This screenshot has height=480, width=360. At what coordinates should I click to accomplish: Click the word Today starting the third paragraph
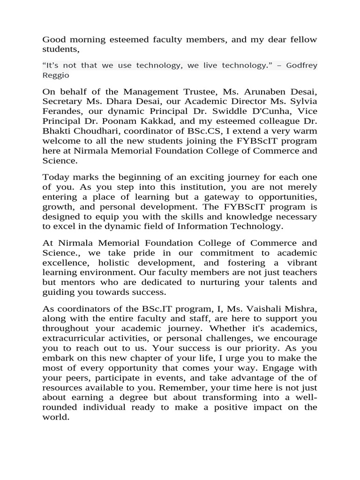pyautogui.click(x=56, y=177)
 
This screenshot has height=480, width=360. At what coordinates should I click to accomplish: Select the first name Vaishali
pyautogui.click(x=268, y=308)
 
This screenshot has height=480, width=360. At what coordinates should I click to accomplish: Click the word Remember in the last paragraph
pyautogui.click(x=189, y=387)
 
